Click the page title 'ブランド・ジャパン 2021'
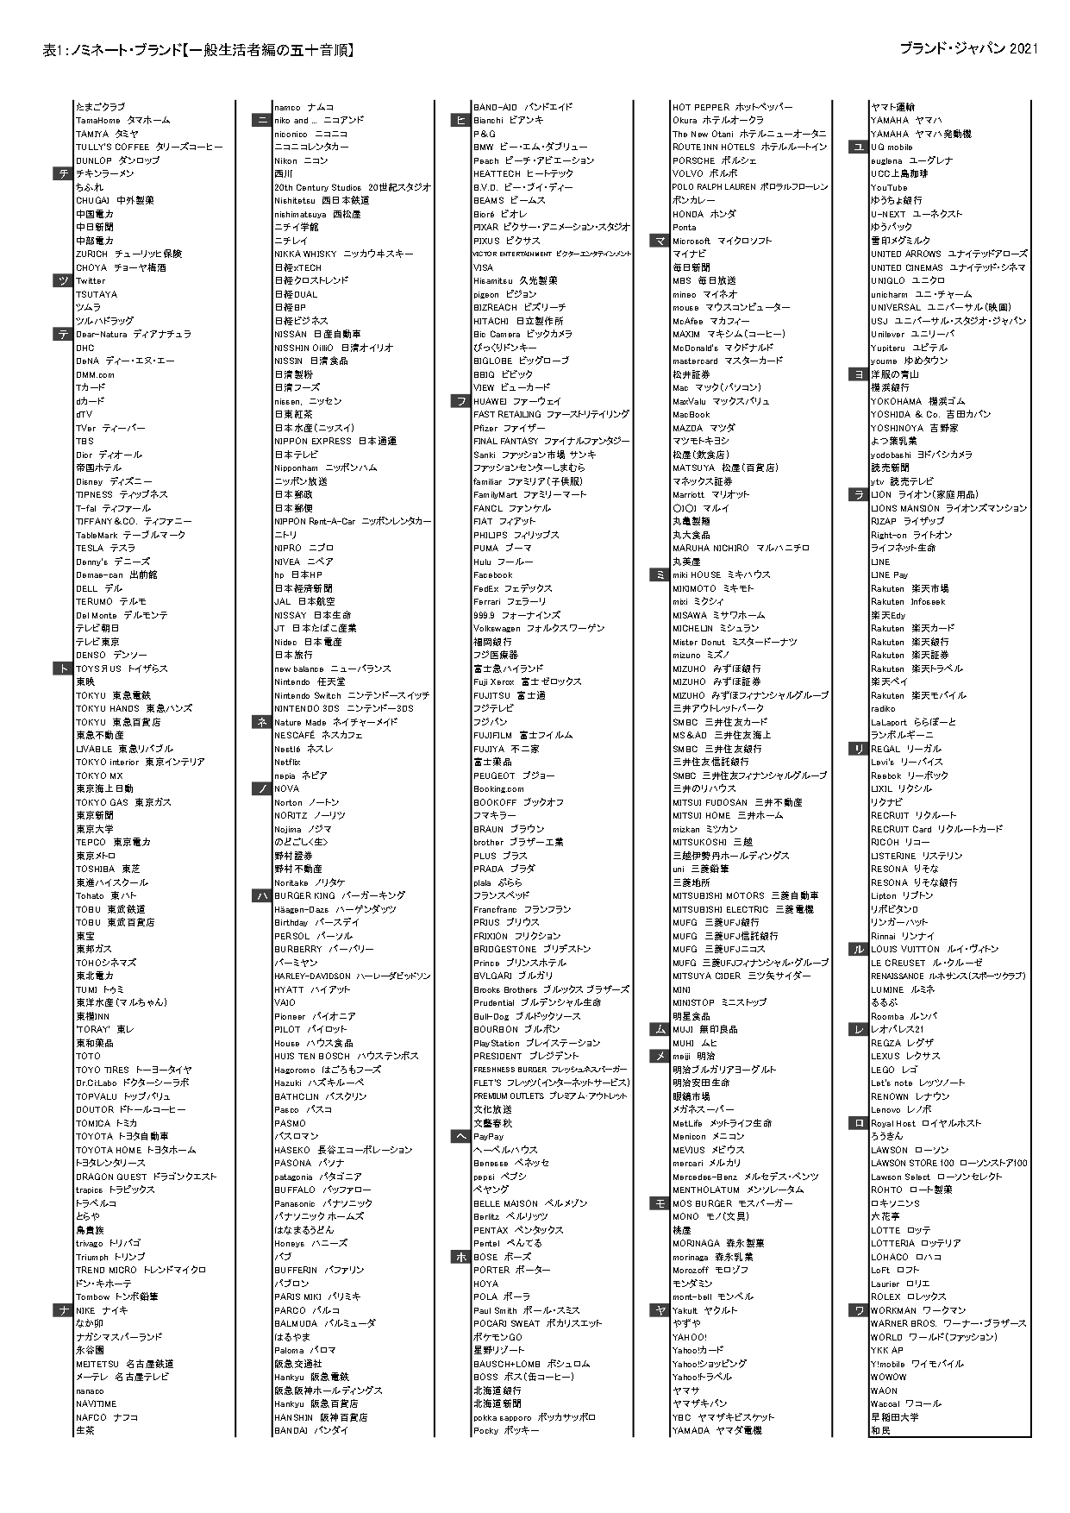tap(967, 49)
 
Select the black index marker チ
tap(63, 174)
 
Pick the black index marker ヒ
tap(460, 121)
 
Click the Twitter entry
tap(91, 281)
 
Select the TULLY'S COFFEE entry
tap(148, 148)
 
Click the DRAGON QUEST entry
tap(146, 1177)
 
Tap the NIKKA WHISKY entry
tap(343, 254)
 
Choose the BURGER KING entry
tap(339, 896)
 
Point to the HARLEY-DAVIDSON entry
tap(352, 976)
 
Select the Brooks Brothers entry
tap(551, 989)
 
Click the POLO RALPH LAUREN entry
tap(749, 187)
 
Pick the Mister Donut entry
tap(735, 642)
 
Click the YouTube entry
tap(889, 187)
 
